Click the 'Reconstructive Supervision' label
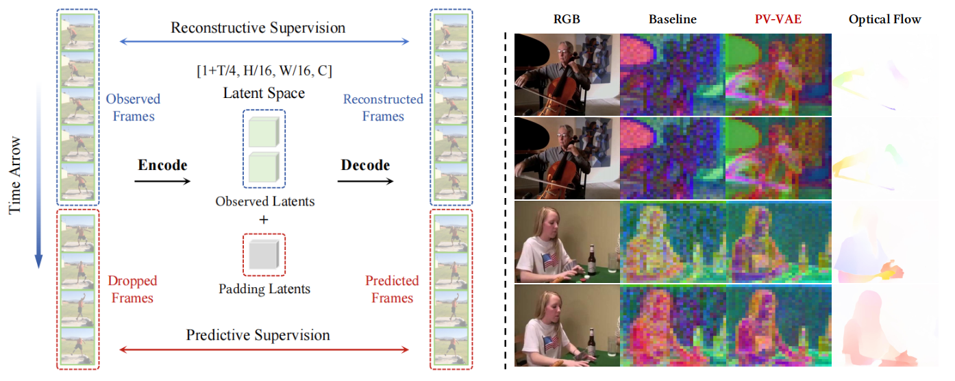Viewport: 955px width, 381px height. click(258, 27)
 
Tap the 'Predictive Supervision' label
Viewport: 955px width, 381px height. click(258, 335)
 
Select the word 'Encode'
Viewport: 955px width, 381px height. click(162, 165)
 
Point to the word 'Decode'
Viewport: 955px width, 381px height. click(365, 165)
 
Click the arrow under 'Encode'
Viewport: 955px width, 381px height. click(162, 182)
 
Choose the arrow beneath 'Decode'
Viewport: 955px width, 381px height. click(365, 182)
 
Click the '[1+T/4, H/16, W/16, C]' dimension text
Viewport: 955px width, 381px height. click(264, 71)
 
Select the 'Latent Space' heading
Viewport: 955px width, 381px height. click(264, 93)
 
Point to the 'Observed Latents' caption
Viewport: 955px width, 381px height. click(264, 201)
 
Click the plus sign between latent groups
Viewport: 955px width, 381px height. click(264, 220)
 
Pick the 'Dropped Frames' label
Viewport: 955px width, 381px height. click(133, 289)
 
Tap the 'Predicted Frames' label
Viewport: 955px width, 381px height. click(393, 289)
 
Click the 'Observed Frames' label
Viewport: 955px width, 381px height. click(134, 108)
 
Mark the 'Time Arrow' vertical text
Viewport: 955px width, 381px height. click(14, 175)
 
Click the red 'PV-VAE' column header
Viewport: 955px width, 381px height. click(778, 19)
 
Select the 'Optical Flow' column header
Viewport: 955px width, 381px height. click(884, 19)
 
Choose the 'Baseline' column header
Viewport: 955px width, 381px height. click(673, 19)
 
